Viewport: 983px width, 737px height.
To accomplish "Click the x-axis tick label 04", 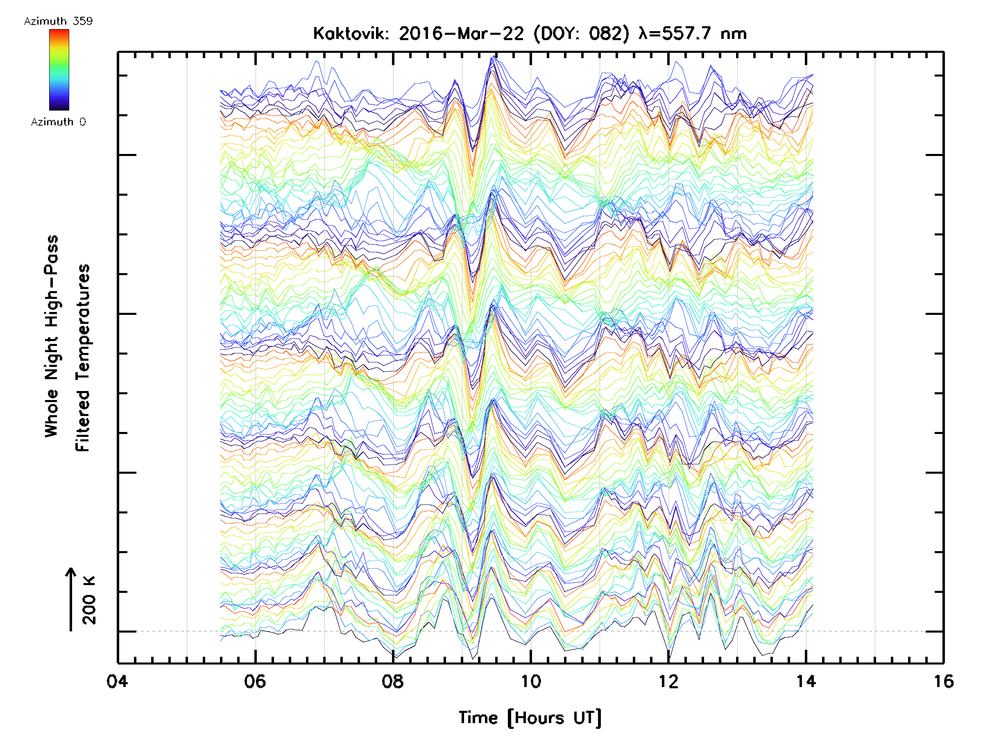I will (117, 681).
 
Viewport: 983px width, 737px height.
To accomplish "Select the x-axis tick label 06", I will (255, 681).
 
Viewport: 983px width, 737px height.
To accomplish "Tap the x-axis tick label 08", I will (393, 681).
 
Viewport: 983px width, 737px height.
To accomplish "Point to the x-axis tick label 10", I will (530, 681).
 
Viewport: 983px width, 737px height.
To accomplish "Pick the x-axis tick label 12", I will (668, 681).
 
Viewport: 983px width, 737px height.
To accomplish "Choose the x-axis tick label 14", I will (806, 681).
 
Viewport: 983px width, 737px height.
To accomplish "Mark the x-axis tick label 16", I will (943, 681).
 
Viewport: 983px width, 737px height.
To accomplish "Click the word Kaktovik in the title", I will (351, 34).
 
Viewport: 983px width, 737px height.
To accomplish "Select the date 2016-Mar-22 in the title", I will (461, 34).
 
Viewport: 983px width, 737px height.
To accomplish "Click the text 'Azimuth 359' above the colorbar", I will (58, 21).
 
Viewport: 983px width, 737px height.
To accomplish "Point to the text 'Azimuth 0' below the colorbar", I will (58, 122).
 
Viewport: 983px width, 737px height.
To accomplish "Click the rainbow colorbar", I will (59, 70).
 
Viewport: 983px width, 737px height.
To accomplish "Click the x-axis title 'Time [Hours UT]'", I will (530, 718).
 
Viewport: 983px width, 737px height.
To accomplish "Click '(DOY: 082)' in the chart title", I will (581, 34).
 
